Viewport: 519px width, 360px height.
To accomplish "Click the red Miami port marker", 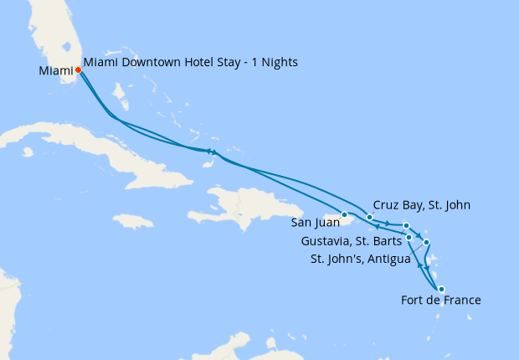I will pos(78,70).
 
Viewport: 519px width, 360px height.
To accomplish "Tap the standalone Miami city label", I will pos(55,71).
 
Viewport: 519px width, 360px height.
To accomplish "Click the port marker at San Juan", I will pos(344,215).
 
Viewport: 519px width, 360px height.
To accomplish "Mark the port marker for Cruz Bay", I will pos(369,218).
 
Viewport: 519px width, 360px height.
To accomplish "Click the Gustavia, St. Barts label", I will pos(351,242).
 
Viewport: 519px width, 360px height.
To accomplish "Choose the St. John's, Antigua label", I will pos(361,259).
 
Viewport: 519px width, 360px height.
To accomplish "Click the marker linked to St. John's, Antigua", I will pos(426,243).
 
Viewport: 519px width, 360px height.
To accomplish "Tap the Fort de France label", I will pos(440,301).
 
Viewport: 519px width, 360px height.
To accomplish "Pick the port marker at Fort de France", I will pos(441,289).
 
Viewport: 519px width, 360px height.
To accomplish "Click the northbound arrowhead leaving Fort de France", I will pos(419,266).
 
